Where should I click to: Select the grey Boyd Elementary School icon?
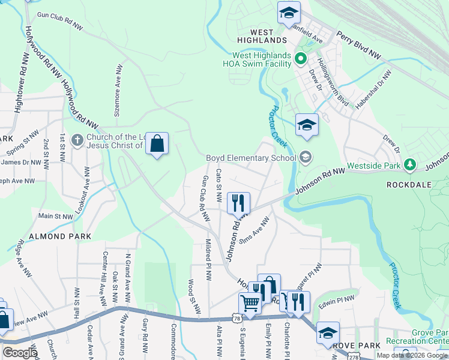[x=306, y=157]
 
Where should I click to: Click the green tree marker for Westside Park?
[x=410, y=163]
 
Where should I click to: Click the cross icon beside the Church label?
[x=76, y=140]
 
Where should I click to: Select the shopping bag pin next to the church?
[x=157, y=144]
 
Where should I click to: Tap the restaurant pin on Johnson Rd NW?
[x=239, y=203]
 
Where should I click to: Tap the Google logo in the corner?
[x=20, y=352]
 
